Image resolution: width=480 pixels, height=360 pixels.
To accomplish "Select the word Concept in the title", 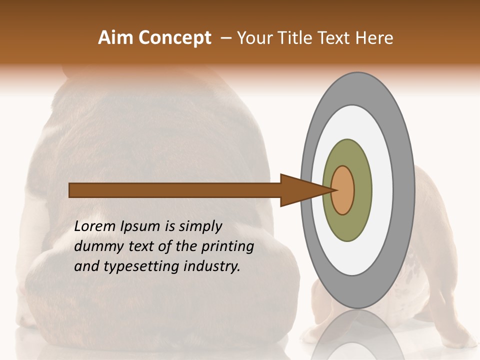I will click(174, 38).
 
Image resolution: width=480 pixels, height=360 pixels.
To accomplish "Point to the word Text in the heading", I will click(336, 38).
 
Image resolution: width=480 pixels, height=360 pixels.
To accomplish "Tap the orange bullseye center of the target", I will click(343, 190).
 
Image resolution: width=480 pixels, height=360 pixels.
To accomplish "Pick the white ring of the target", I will click(382, 190).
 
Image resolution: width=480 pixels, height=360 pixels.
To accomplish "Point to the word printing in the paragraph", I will click(227, 247).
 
